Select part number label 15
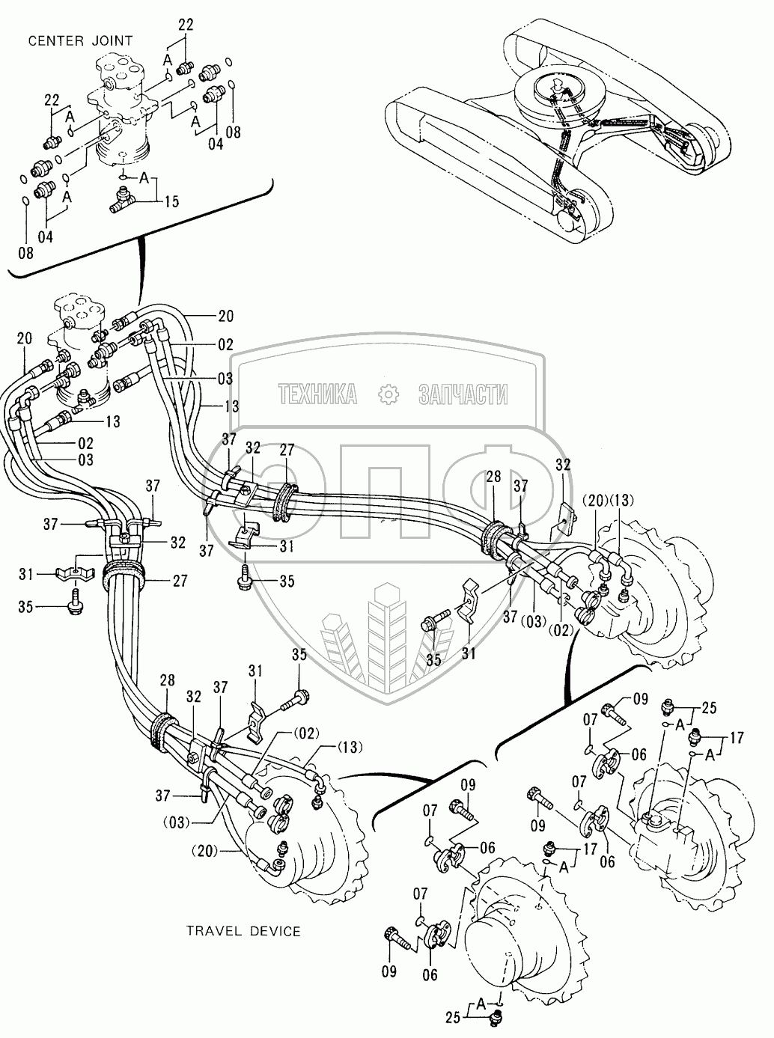tap(171, 201)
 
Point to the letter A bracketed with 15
tap(145, 178)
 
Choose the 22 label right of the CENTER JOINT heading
tap(186, 25)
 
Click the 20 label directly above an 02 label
tap(225, 317)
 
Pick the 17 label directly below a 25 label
tap(737, 737)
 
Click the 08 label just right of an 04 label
tap(233, 132)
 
